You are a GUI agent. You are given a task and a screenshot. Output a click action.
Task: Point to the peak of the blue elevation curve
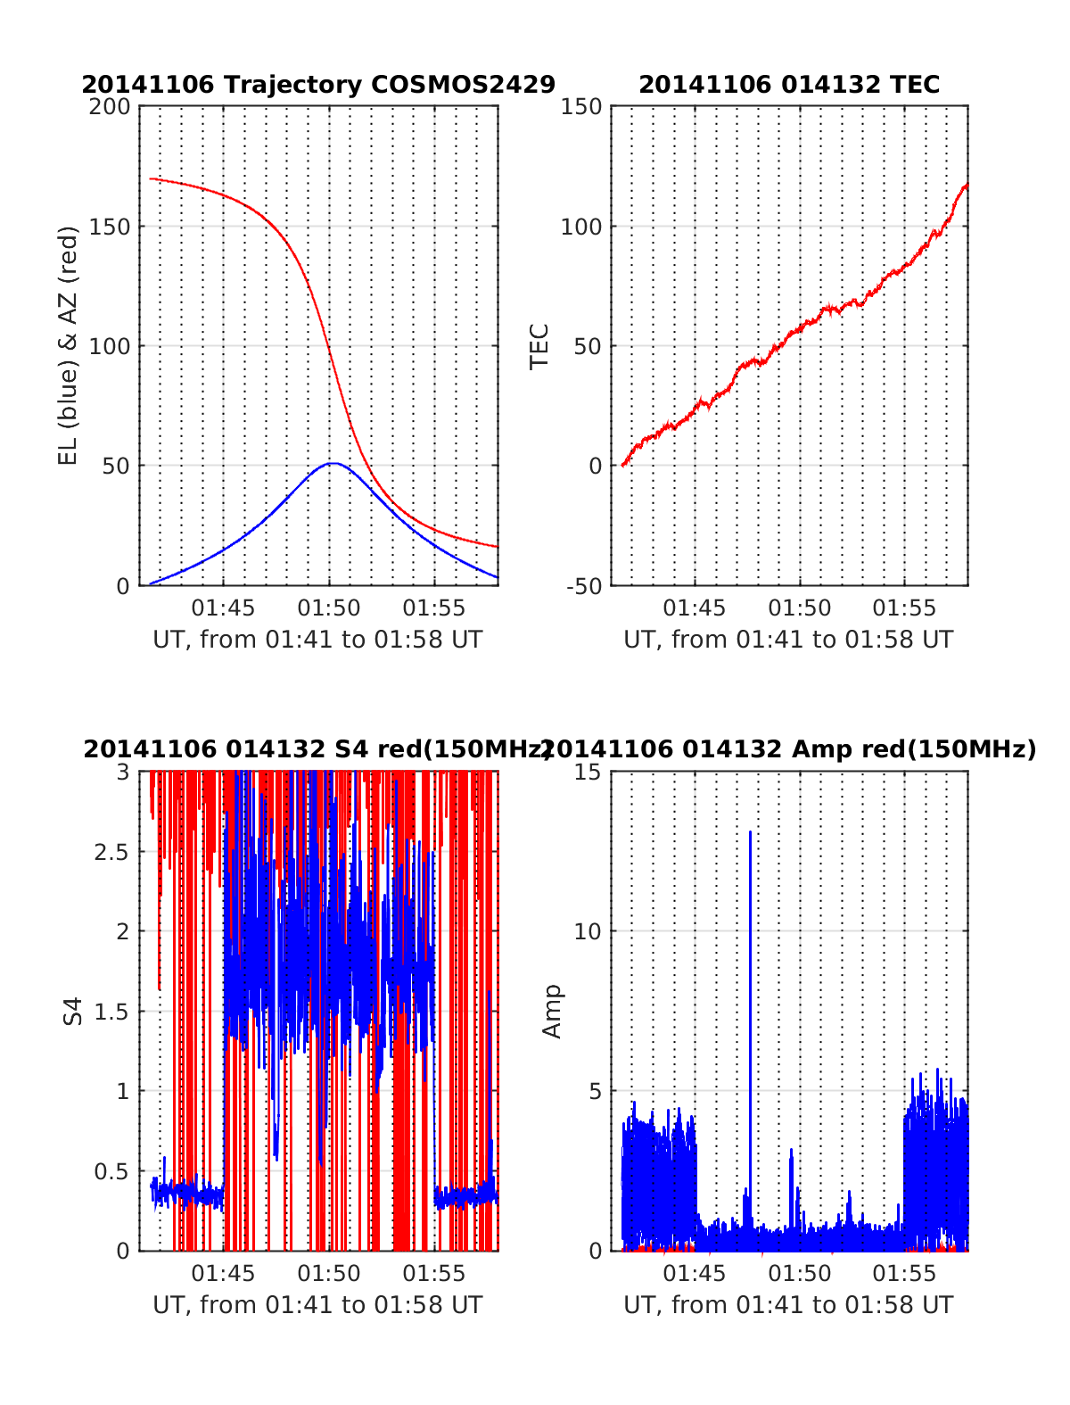tap(332, 463)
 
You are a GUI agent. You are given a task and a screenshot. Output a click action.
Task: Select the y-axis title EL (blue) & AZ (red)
tap(69, 345)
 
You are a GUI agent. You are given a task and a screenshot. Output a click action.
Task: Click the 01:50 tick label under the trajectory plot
tap(329, 608)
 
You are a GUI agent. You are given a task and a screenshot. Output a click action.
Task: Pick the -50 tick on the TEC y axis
tap(585, 586)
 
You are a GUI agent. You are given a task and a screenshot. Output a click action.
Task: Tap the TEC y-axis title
tap(539, 346)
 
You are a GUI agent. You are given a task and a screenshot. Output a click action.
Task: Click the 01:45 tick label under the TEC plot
tap(694, 608)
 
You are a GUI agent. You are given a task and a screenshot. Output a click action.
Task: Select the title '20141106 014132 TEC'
tap(789, 85)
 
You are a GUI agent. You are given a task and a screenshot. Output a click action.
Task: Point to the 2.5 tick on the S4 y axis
tap(111, 852)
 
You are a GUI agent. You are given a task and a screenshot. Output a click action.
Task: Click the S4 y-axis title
tap(73, 1011)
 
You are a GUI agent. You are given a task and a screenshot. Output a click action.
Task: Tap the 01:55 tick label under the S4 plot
tap(434, 1274)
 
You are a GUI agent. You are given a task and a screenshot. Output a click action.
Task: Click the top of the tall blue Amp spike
tap(750, 831)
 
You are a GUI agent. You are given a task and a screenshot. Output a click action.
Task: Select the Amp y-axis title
tap(553, 1011)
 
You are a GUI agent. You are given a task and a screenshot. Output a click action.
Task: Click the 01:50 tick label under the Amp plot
tap(799, 1274)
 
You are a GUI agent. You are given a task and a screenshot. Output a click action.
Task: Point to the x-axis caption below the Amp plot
tap(788, 1305)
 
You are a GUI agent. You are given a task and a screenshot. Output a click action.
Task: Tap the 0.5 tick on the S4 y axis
tap(111, 1171)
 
